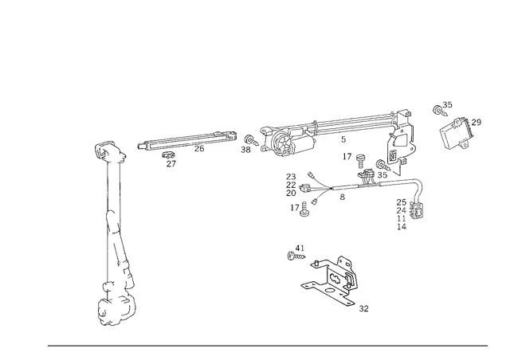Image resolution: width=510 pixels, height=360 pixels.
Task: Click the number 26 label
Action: [x=199, y=149]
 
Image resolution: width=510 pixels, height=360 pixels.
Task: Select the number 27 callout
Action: [x=171, y=163]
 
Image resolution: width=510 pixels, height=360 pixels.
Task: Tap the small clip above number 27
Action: [x=168, y=155]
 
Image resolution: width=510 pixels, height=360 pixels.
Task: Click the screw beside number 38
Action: [x=252, y=140]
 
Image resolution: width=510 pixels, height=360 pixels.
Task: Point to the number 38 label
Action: [x=245, y=150]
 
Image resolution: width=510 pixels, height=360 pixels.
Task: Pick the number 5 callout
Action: [x=343, y=139]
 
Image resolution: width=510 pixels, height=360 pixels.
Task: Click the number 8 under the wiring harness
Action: [x=342, y=197]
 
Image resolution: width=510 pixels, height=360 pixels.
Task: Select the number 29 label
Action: [x=477, y=123]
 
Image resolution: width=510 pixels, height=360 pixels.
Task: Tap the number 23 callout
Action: [x=291, y=177]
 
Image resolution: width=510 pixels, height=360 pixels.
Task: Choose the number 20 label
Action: [x=291, y=194]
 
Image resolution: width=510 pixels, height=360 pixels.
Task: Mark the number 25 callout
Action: [x=402, y=202]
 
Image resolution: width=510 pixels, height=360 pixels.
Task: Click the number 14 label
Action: [x=402, y=227]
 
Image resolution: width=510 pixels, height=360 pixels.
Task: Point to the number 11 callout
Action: [x=402, y=218]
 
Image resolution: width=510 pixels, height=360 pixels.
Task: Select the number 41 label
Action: [x=300, y=248]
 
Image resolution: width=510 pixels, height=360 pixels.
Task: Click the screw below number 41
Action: [x=296, y=256]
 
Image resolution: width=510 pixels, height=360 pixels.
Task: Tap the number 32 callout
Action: [x=363, y=308]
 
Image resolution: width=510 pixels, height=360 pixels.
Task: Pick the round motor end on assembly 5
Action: [x=280, y=142]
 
